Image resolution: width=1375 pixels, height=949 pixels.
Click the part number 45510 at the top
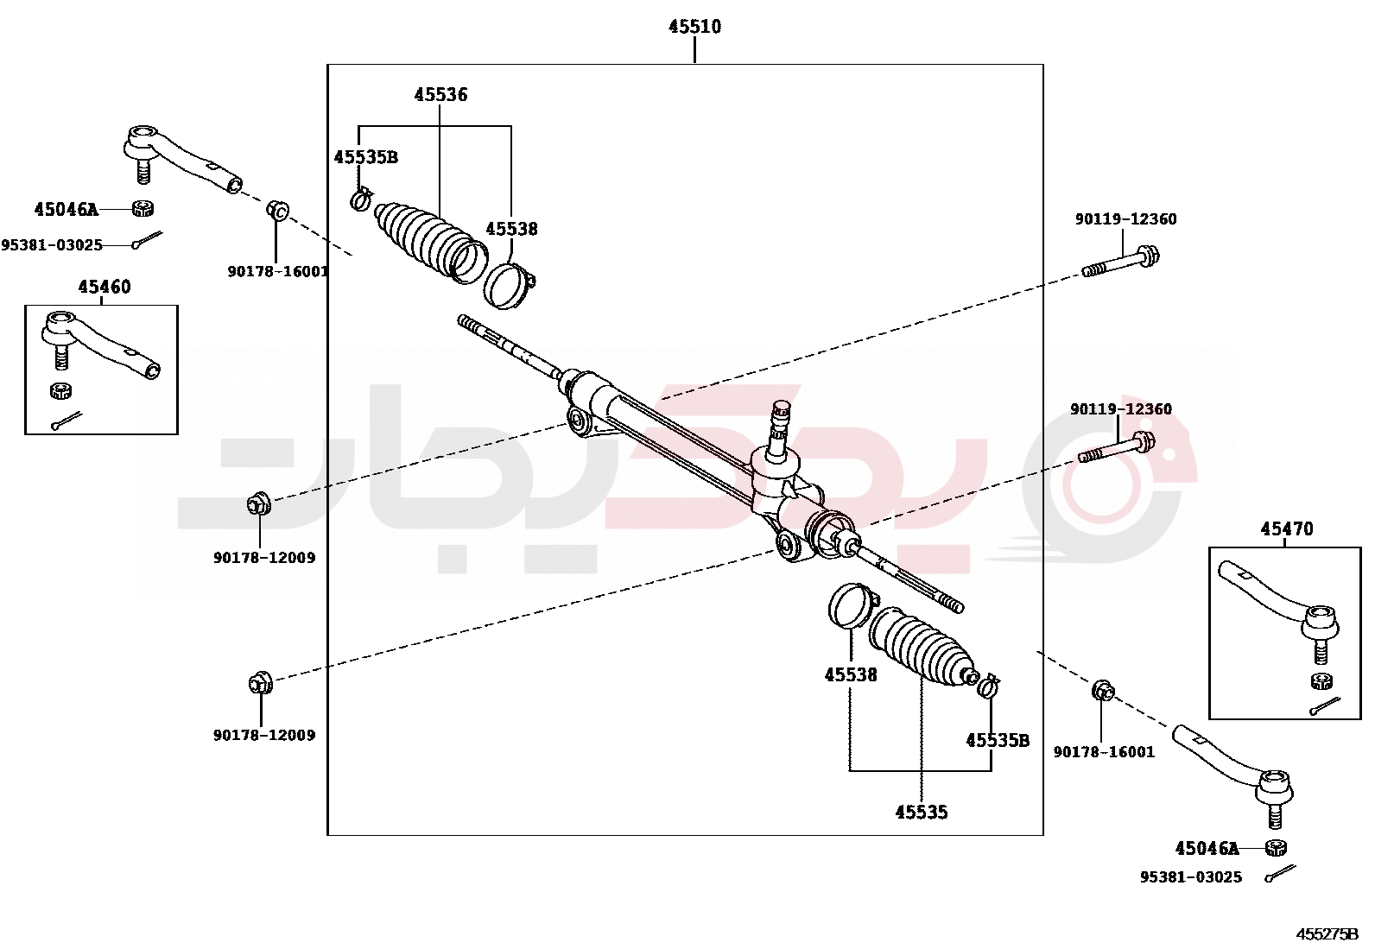694,27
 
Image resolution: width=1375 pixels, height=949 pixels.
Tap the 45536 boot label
440,95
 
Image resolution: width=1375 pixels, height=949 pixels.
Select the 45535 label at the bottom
922,813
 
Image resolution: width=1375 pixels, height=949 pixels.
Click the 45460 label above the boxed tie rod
105,288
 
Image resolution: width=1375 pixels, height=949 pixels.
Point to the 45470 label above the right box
1286,529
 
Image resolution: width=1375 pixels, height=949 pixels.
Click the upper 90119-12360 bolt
1121,262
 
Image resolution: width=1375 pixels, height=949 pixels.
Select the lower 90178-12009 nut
259,684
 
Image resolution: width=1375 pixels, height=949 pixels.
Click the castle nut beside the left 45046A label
143,209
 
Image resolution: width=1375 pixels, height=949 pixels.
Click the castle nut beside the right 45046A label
1276,848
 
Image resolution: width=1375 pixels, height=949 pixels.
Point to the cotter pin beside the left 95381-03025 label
147,239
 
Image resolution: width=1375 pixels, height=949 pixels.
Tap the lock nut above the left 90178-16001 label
276,210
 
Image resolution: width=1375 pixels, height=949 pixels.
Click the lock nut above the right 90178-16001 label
1103,691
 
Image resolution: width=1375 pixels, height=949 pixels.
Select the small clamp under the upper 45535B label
361,199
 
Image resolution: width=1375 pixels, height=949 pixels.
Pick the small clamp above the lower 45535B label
988,686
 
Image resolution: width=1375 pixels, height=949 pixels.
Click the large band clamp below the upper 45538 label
510,285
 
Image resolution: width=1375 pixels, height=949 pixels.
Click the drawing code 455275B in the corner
1327,934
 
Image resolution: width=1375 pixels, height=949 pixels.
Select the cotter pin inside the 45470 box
1325,705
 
